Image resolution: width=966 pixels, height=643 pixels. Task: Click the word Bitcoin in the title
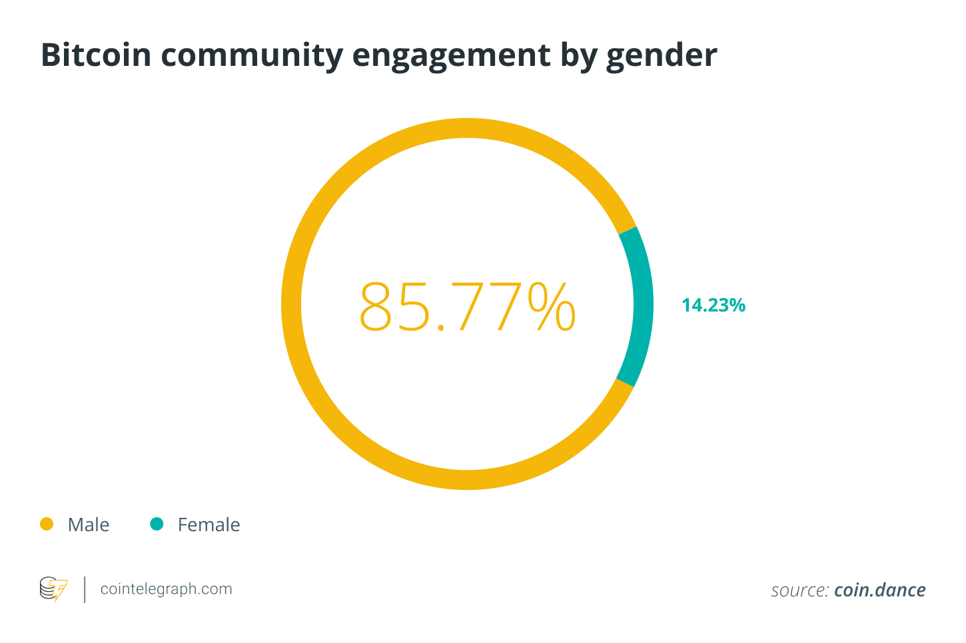click(96, 55)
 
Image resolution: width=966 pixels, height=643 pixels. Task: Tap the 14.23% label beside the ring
click(713, 306)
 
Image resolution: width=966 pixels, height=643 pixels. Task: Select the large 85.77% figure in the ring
click(467, 306)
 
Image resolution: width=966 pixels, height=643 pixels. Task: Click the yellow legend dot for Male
click(47, 525)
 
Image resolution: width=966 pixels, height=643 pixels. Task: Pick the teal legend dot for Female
click(157, 525)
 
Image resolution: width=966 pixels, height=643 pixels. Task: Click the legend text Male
click(89, 525)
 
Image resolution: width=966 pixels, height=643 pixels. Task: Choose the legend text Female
click(209, 525)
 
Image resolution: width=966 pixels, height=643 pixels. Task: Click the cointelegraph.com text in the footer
click(166, 589)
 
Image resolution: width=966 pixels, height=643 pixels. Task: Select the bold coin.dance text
click(880, 590)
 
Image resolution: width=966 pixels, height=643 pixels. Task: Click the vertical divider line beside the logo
click(85, 590)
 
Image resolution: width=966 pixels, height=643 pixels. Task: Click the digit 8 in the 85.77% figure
click(377, 307)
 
